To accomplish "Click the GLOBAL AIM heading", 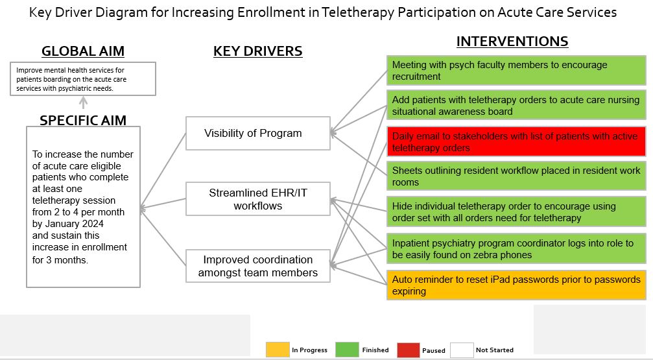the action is (x=83, y=51).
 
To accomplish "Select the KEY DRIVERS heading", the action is (x=258, y=51).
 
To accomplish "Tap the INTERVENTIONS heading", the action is (x=512, y=42).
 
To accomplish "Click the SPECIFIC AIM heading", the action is (x=83, y=120).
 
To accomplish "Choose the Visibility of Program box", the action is (x=258, y=134).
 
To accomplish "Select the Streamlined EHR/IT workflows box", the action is (x=258, y=198).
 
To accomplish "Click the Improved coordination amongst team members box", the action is (x=258, y=266).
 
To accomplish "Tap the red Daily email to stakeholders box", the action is (x=516, y=141).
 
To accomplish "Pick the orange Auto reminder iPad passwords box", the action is (x=516, y=285).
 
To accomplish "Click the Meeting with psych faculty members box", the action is (x=516, y=71).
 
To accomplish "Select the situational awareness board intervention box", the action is (x=516, y=106).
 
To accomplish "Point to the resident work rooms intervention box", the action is (x=516, y=176).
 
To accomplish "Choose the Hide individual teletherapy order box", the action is (x=516, y=211).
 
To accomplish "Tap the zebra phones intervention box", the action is (x=516, y=248).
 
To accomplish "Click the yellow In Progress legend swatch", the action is (x=278, y=350).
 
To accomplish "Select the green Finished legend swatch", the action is (x=347, y=350).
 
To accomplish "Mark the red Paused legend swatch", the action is (x=409, y=350).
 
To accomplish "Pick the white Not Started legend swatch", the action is (x=462, y=350).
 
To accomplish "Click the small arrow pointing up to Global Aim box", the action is (x=83, y=102).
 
